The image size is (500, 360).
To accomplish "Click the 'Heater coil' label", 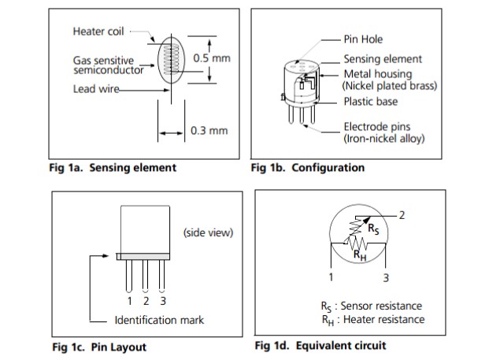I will pos(99,32).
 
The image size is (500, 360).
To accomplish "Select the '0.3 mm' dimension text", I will pos(209,130).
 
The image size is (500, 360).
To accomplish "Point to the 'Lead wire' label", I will pos(95,89).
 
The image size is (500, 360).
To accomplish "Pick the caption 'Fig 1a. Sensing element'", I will pos(113,167).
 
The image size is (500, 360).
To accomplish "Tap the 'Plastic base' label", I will pos(370,102).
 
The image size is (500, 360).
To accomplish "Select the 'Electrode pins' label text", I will pos(376,126).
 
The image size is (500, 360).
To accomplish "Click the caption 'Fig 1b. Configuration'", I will pos(307,167).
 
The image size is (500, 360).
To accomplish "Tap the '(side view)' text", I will pos(208,232).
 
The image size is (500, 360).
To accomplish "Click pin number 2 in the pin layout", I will pos(146,300).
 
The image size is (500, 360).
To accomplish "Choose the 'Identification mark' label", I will pos(159,320).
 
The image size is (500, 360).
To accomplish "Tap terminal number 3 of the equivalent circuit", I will pos(386,277).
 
